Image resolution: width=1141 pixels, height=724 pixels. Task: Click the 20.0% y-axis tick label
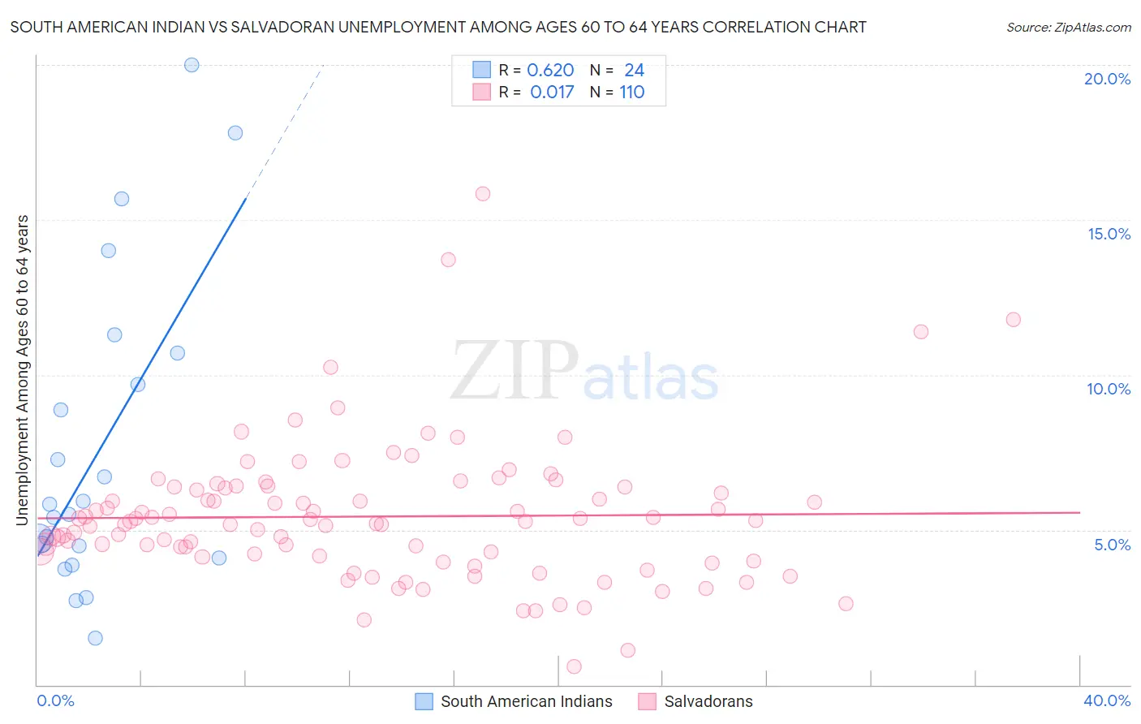click(1107, 79)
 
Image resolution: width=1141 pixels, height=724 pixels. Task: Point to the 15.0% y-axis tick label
click(1109, 234)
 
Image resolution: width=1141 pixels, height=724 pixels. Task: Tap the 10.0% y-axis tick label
click(1109, 389)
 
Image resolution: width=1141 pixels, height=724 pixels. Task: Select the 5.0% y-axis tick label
click(1112, 545)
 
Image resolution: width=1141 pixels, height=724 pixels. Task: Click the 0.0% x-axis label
click(55, 700)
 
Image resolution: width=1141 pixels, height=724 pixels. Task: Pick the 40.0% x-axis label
click(1107, 700)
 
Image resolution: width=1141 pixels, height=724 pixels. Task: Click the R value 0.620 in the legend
click(550, 71)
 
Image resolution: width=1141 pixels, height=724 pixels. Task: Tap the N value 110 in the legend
click(632, 93)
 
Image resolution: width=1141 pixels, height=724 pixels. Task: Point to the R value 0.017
click(552, 93)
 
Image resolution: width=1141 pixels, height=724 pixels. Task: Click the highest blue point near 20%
click(192, 65)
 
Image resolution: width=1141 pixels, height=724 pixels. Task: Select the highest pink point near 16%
click(483, 194)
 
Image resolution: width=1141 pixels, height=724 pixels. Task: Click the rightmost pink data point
click(1013, 320)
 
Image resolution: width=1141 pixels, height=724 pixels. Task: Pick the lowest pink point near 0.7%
click(574, 666)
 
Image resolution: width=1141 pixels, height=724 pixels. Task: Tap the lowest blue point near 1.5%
click(95, 638)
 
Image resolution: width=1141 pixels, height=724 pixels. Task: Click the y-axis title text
click(23, 370)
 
